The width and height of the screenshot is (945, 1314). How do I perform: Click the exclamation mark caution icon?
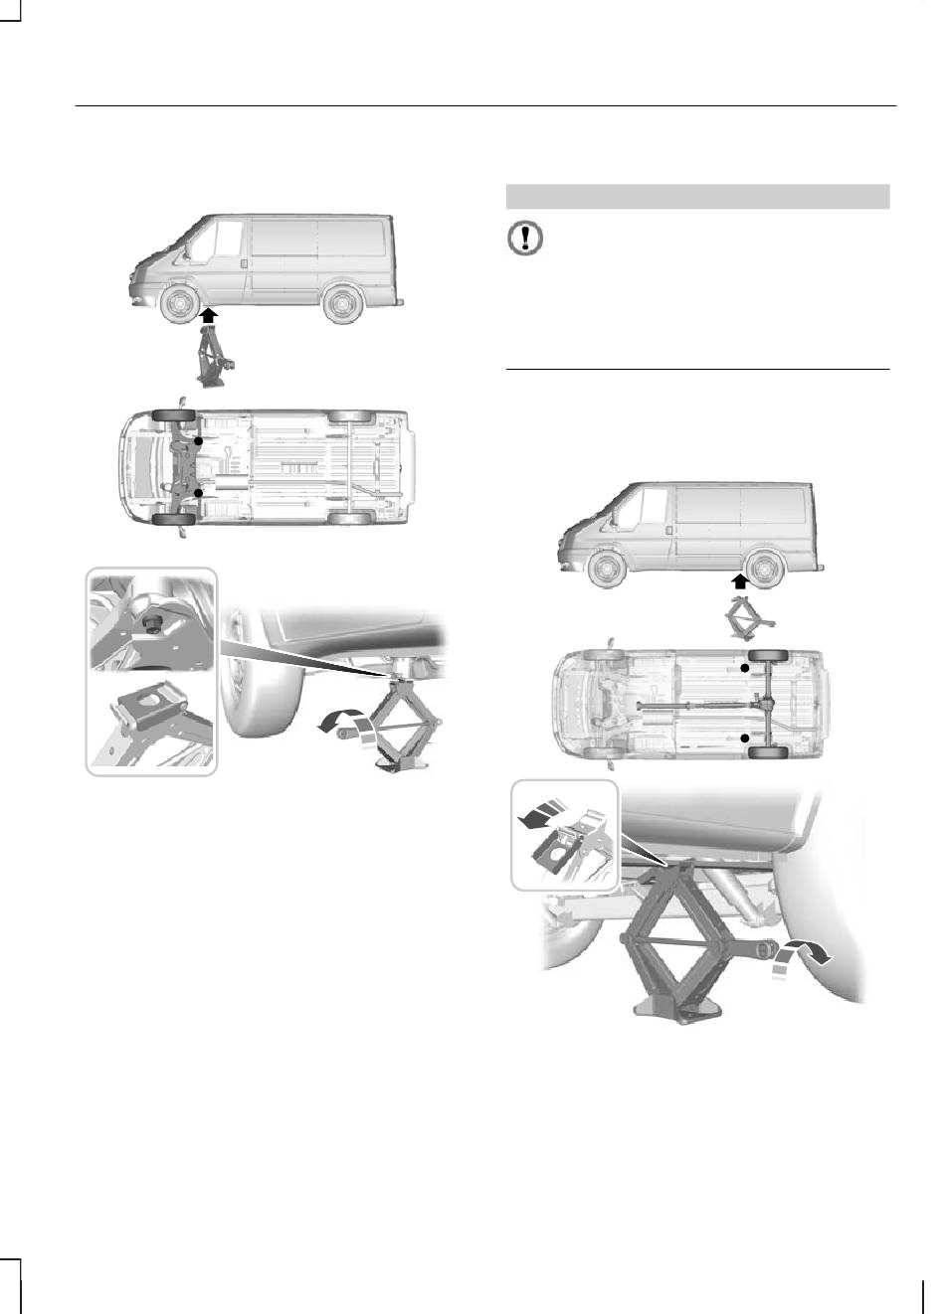pos(526,239)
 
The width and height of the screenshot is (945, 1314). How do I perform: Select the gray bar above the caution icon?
pos(697,197)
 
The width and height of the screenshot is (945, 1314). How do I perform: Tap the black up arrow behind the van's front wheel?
pos(208,317)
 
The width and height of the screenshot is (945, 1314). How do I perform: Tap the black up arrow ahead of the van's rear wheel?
pos(739,581)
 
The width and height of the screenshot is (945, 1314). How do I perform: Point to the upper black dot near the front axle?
pos(199,439)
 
